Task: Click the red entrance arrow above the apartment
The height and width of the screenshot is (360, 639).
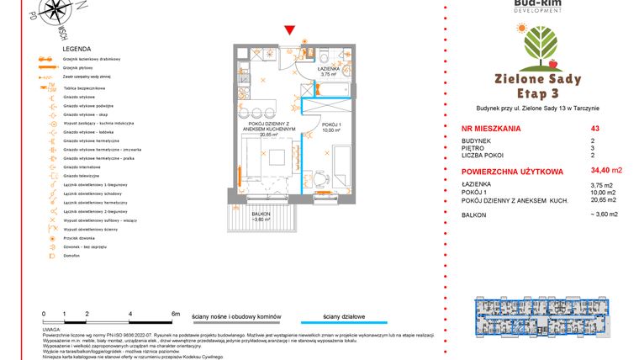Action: [x=290, y=31]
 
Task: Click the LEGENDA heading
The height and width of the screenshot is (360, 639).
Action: [x=76, y=50]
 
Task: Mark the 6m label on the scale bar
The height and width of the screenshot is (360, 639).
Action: [x=176, y=313]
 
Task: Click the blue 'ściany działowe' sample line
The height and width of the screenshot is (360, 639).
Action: [x=344, y=322]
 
